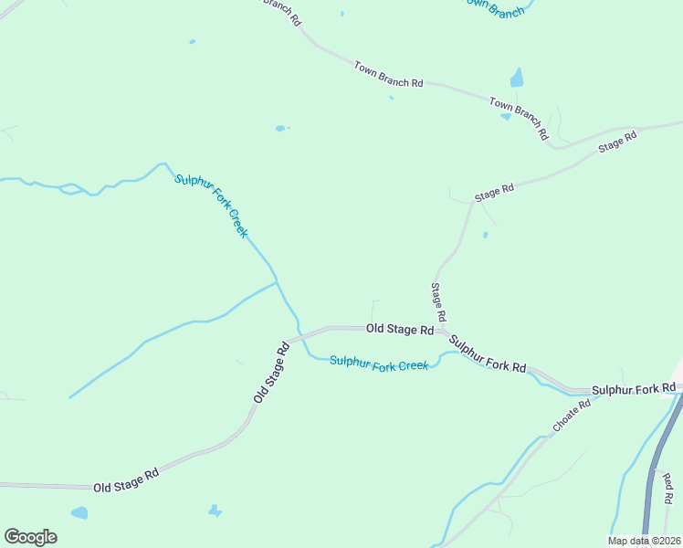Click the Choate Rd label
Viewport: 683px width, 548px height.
tap(573, 416)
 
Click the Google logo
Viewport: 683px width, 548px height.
tap(30, 537)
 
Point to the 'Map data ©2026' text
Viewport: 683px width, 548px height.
tap(645, 541)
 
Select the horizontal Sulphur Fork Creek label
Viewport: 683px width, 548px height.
tap(379, 364)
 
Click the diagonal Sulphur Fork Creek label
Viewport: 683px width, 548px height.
tap(212, 205)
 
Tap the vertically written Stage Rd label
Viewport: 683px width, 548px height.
tap(438, 301)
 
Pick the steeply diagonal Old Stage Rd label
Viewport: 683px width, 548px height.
tap(271, 372)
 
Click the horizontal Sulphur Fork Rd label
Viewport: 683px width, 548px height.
tap(634, 390)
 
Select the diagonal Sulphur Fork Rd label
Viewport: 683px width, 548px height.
tap(488, 354)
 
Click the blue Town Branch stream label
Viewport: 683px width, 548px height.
tap(493, 7)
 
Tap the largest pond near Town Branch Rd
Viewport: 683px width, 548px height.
tap(517, 78)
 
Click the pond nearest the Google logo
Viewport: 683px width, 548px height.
tap(79, 512)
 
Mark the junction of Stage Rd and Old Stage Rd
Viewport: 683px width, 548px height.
tap(442, 330)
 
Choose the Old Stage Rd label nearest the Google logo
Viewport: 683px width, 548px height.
tap(126, 480)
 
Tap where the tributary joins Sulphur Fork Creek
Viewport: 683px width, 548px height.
tap(278, 282)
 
